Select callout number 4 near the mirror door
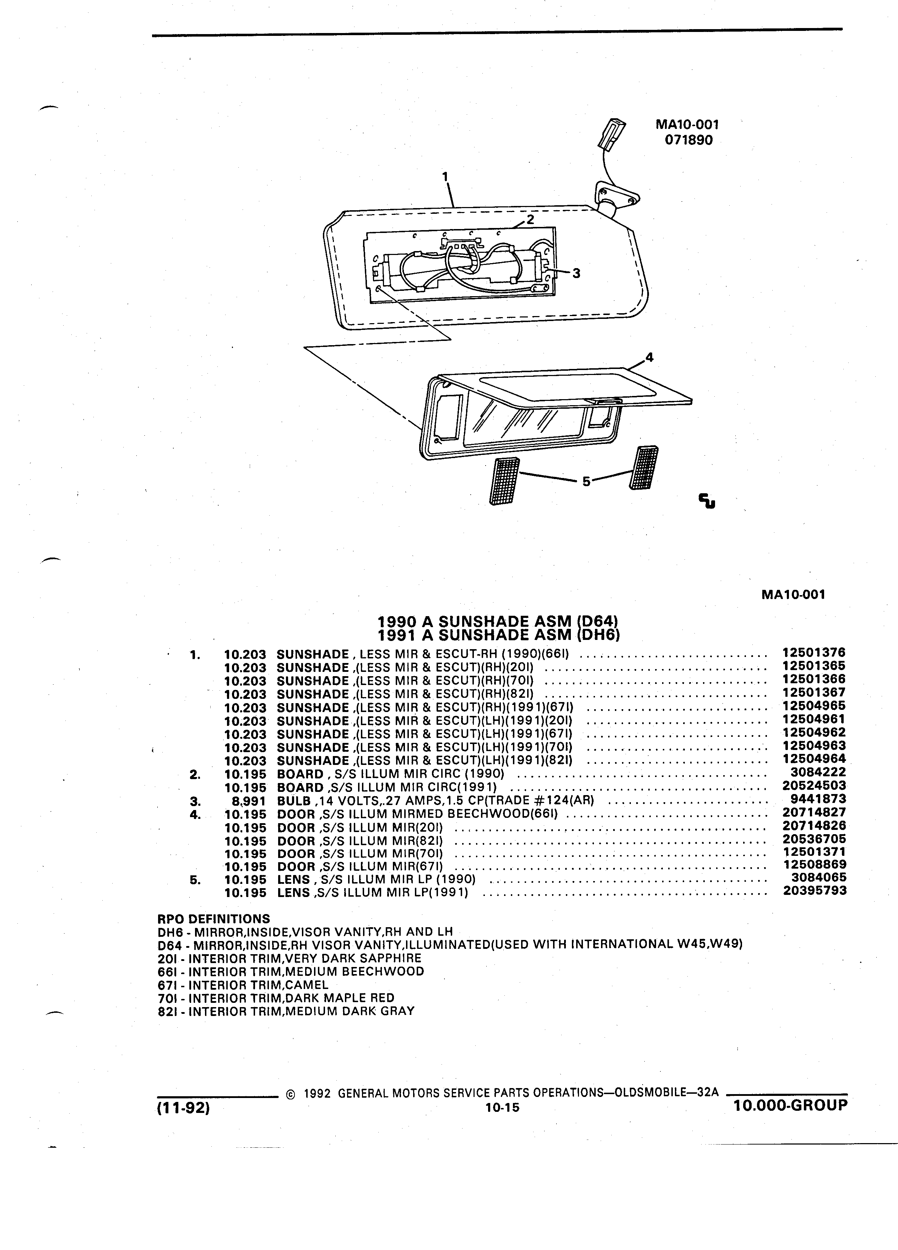point(649,357)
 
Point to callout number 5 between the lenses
point(586,482)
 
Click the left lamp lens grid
point(504,480)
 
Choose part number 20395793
point(815,891)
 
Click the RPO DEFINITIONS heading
point(214,919)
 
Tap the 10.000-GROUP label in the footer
point(790,1104)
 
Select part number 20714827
point(814,812)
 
